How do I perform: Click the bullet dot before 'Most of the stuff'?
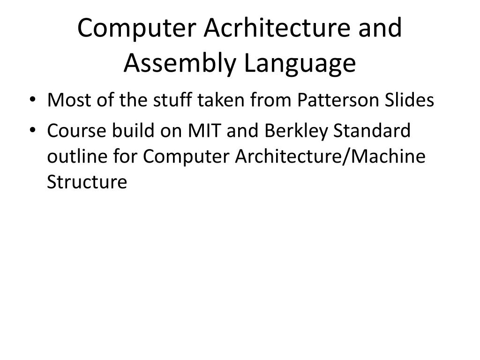coord(37,100)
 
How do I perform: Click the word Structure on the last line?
coord(87,182)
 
